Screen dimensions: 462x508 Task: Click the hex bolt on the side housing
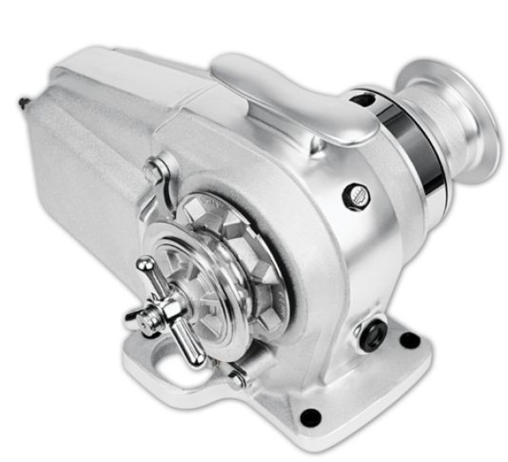355,196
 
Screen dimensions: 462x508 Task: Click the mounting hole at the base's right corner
410,341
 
